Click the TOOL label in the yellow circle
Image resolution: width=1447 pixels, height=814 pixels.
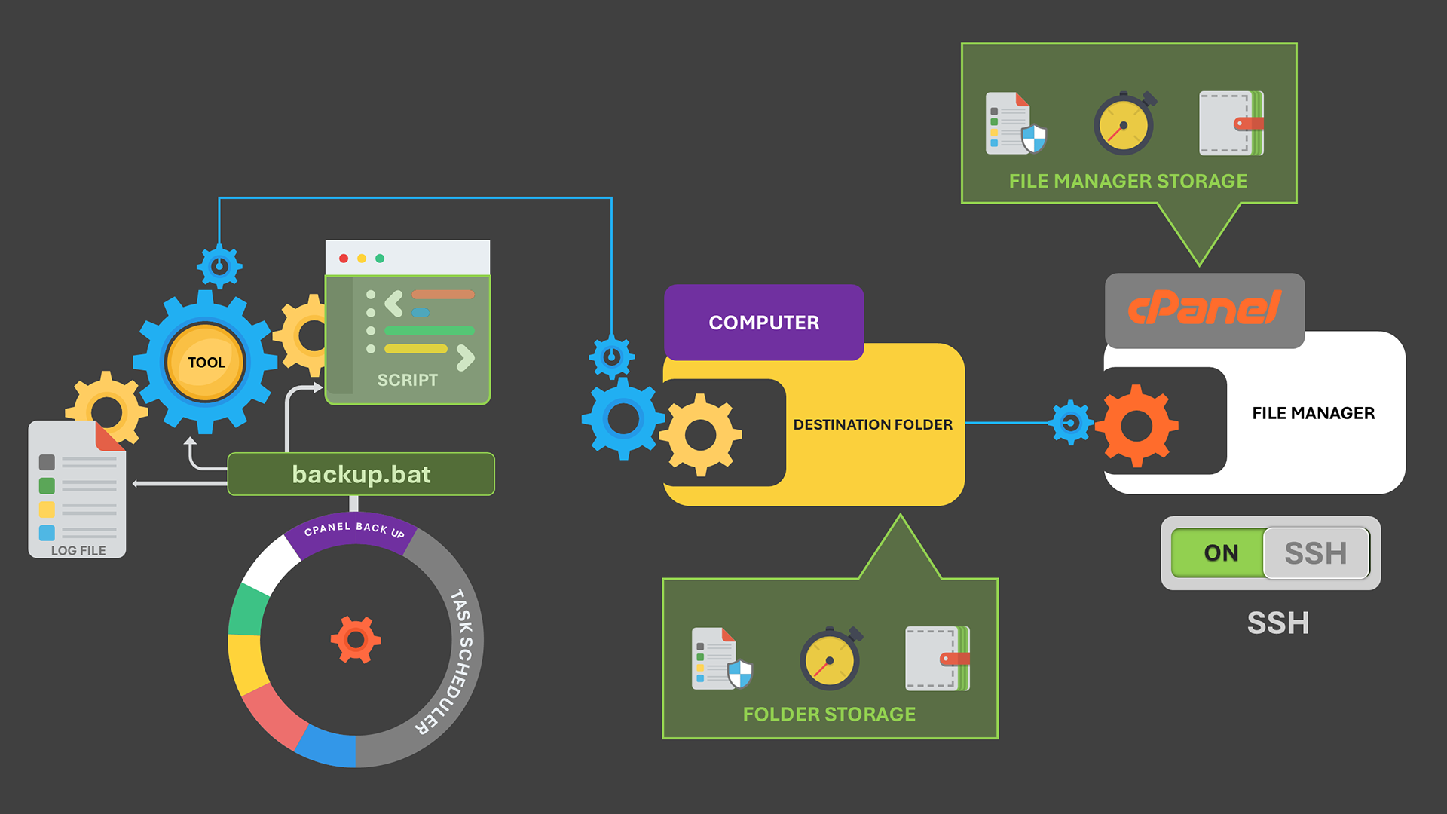click(x=206, y=363)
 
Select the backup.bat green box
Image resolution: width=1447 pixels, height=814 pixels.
click(x=361, y=474)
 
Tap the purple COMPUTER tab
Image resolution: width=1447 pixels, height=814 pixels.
click(x=763, y=323)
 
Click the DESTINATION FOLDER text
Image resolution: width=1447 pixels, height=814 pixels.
click(x=873, y=425)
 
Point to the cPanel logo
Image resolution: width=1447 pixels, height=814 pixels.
click(x=1204, y=308)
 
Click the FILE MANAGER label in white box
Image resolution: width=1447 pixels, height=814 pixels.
click(x=1313, y=413)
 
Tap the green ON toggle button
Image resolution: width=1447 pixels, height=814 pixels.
click(x=1220, y=553)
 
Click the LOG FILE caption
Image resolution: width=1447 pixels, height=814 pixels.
click(x=78, y=551)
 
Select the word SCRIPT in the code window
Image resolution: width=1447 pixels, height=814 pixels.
click(x=407, y=381)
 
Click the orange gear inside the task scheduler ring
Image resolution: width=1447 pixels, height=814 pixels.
click(x=356, y=640)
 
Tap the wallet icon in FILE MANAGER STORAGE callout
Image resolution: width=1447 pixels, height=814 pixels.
click(x=1231, y=124)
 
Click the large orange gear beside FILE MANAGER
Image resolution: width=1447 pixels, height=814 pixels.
click(x=1136, y=426)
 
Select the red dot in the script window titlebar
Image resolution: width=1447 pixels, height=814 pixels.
click(x=344, y=259)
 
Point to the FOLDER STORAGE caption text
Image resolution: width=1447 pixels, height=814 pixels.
click(x=829, y=715)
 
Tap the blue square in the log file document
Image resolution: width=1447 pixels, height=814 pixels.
click(x=47, y=533)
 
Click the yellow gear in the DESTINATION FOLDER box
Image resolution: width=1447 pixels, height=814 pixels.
click(x=701, y=435)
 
